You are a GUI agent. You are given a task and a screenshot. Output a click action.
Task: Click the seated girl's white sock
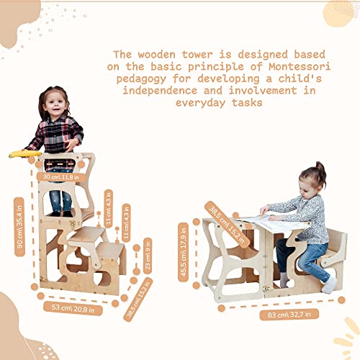pos(328,285)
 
